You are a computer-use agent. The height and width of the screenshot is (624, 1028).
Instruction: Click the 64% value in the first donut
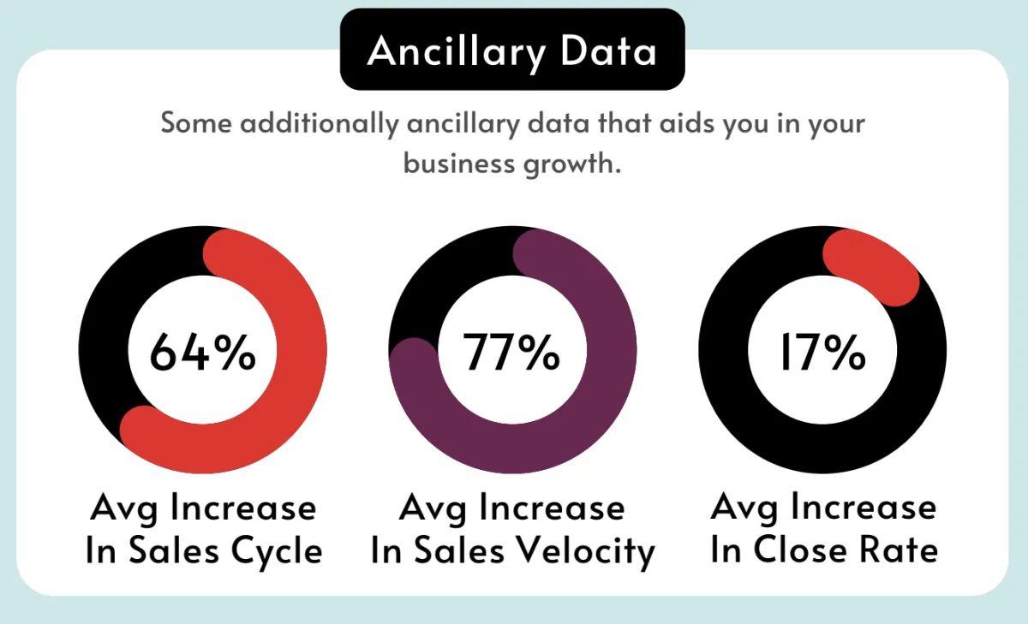click(x=202, y=352)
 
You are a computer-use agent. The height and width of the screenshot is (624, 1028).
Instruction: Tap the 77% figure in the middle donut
click(x=511, y=352)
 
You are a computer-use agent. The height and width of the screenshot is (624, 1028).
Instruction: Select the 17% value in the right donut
click(x=823, y=352)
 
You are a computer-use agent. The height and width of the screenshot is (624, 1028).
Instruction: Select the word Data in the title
click(x=608, y=51)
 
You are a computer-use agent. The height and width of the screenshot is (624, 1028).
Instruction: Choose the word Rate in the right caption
click(x=899, y=550)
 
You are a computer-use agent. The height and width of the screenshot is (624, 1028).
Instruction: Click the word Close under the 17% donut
click(x=800, y=550)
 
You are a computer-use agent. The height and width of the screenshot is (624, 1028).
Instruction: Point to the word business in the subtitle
click(x=459, y=163)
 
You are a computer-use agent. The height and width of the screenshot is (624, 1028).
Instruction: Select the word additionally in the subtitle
click(x=320, y=124)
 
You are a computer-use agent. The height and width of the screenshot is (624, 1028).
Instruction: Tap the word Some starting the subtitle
click(x=196, y=123)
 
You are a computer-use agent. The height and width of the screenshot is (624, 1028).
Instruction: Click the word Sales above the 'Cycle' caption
click(x=174, y=550)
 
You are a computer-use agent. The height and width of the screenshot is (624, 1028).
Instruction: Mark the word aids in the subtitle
click(x=687, y=122)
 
